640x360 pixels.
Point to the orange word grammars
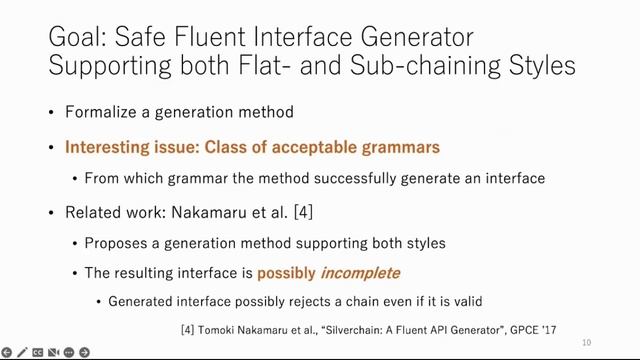point(400,147)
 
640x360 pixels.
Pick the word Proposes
point(115,243)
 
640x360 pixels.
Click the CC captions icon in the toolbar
point(37,352)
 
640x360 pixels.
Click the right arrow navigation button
point(85,352)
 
